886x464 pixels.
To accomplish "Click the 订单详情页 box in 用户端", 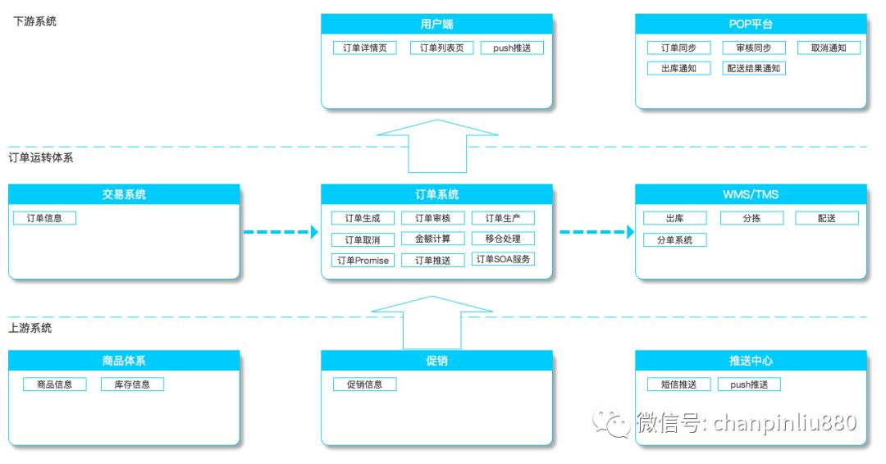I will tap(365, 48).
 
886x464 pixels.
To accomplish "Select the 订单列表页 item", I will tap(441, 48).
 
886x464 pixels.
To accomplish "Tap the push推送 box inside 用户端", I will tap(512, 48).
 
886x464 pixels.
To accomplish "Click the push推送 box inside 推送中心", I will tap(749, 384).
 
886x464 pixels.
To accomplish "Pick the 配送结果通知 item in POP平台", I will tap(754, 69).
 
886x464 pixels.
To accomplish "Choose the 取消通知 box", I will tap(829, 48).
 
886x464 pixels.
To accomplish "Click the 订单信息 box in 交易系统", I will tap(44, 218).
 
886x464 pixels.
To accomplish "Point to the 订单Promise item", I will tap(363, 261).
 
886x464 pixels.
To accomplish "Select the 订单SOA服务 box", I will tap(504, 260).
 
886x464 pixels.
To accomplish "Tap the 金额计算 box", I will tap(433, 239).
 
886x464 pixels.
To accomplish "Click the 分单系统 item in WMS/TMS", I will tap(674, 240).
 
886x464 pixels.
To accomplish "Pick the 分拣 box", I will tap(751, 218).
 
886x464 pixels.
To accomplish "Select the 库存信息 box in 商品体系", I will tap(132, 384).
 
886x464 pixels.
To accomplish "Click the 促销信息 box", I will tap(364, 384).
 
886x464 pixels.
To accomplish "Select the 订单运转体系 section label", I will tap(41, 157).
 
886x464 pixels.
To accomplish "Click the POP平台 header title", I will tap(751, 24).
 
